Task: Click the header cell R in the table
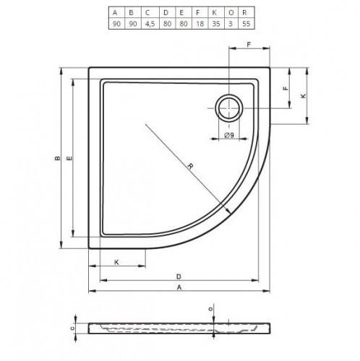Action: pyautogui.click(x=244, y=12)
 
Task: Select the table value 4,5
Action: pyautogui.click(x=150, y=24)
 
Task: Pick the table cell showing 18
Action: pyautogui.click(x=200, y=24)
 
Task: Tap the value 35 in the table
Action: pyautogui.click(x=216, y=24)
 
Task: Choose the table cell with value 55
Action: pyautogui.click(x=247, y=24)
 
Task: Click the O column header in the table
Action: pyautogui.click(x=231, y=12)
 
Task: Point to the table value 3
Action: pyautogui.click(x=231, y=24)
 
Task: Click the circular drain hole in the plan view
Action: pyautogui.click(x=229, y=108)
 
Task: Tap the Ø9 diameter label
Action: pyautogui.click(x=229, y=135)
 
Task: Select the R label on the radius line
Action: pyautogui.click(x=190, y=166)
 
